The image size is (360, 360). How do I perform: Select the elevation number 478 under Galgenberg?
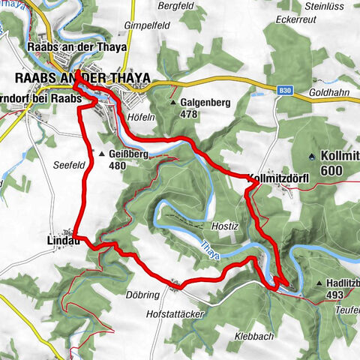point(191,115)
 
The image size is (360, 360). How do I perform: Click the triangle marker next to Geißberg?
point(102,154)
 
